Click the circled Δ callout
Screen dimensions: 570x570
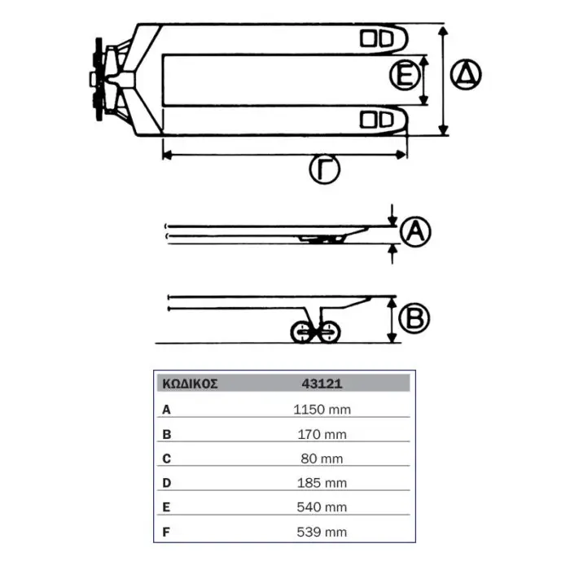[466, 75]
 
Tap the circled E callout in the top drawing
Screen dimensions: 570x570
[405, 75]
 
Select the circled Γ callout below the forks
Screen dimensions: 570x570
[325, 169]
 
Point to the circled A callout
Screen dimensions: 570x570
[415, 231]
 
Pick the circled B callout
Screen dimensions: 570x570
[414, 318]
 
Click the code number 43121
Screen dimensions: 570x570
[322, 384]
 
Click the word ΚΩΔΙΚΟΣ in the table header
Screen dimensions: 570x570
[190, 384]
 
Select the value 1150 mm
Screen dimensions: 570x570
[322, 410]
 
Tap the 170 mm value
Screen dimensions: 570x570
[322, 434]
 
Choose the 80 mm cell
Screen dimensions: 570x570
[322, 458]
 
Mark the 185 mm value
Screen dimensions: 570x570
[322, 483]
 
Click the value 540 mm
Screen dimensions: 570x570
[322, 507]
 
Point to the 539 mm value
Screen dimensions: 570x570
[322, 533]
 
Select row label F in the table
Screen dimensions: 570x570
[166, 533]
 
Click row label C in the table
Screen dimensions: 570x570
[166, 458]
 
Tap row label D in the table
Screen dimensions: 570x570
[166, 483]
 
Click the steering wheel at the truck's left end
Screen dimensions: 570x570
[99, 79]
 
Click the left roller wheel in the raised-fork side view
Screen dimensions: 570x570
[302, 331]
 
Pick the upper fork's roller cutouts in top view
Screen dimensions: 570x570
[376, 39]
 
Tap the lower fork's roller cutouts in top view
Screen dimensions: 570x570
[376, 120]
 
